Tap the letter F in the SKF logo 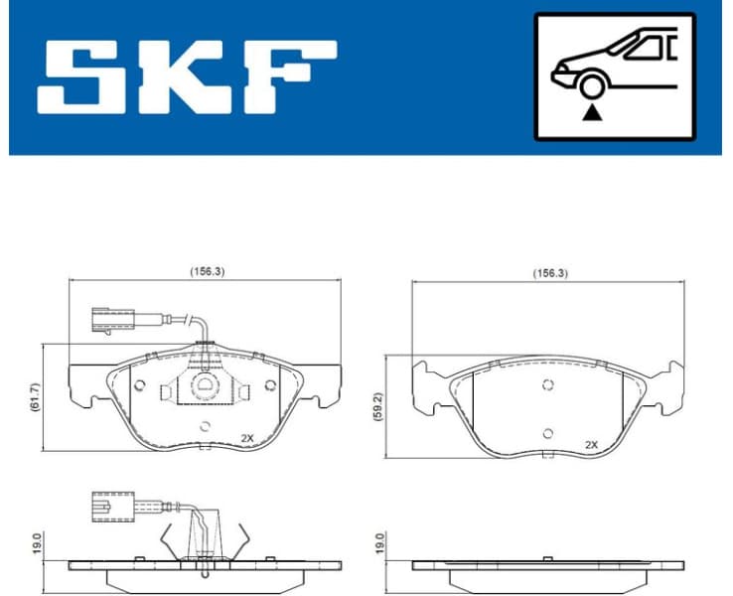(288, 76)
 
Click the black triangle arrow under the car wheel (594, 112)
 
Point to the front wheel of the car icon (594, 86)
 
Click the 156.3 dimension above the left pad (208, 271)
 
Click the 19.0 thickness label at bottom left (37, 544)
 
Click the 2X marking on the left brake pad (248, 437)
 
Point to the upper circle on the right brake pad (547, 386)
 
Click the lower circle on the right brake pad (547, 432)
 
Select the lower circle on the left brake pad (205, 427)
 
